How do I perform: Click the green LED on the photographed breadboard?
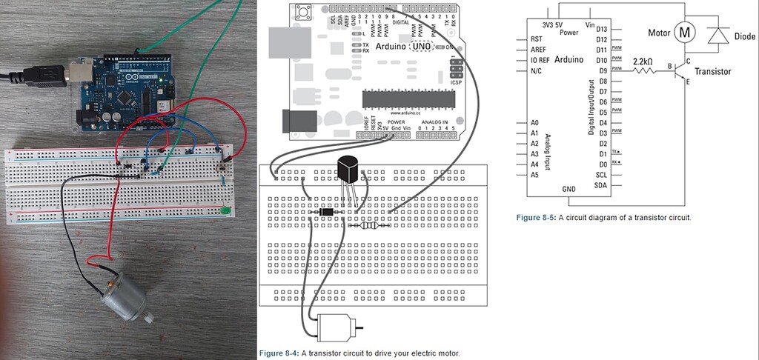224,212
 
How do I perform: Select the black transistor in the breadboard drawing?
347,170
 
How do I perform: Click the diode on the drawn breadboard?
325,213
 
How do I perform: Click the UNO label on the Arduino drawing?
420,46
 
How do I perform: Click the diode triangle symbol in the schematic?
717,35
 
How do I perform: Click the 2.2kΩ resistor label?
643,61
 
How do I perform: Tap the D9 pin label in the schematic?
602,70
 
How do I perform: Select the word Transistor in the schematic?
712,71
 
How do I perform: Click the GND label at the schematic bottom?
569,189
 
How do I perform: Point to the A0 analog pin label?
534,122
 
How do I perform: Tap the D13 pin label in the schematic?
602,29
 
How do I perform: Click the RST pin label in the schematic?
537,39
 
